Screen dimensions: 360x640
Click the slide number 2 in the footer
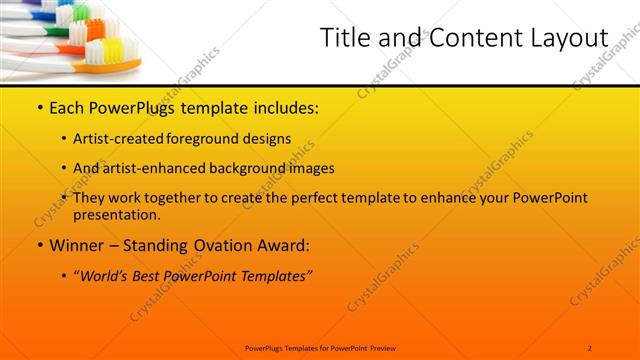pos(590,347)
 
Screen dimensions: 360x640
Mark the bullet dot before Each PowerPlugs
pos(39,107)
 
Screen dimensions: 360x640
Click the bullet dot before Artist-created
pos(64,138)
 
